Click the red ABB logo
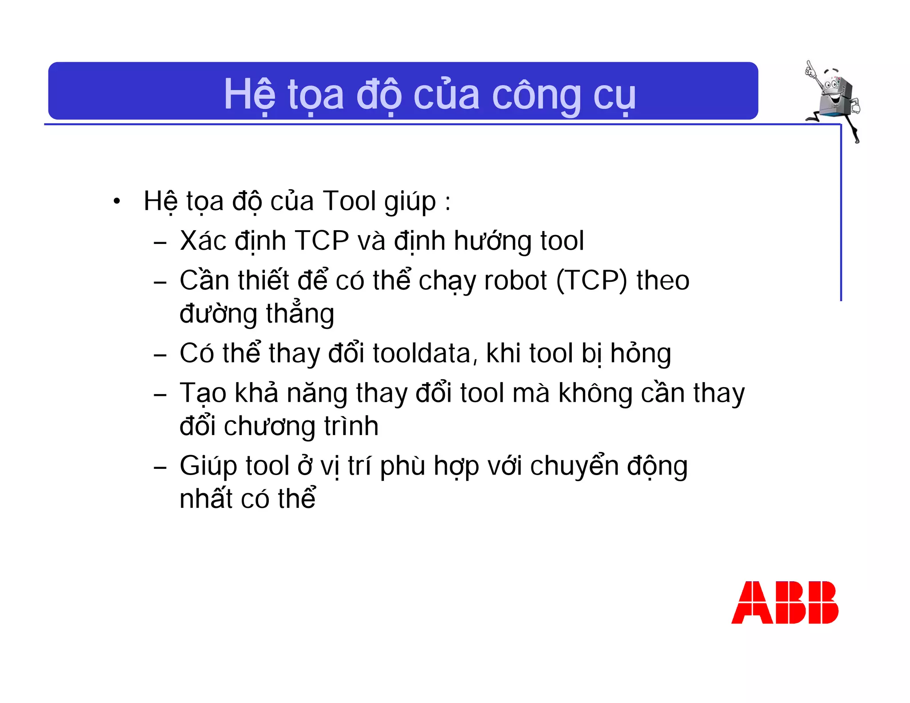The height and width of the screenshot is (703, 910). tap(785, 602)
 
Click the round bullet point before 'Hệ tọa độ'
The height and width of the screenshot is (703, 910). tap(116, 201)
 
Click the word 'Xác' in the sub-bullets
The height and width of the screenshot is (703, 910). tap(203, 241)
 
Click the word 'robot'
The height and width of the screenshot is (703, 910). tap(515, 281)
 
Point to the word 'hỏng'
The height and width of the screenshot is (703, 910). tap(640, 355)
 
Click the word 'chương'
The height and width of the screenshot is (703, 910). tap(270, 427)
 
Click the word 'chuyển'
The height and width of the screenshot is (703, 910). tap(574, 467)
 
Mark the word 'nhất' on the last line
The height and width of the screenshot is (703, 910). tap(206, 499)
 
